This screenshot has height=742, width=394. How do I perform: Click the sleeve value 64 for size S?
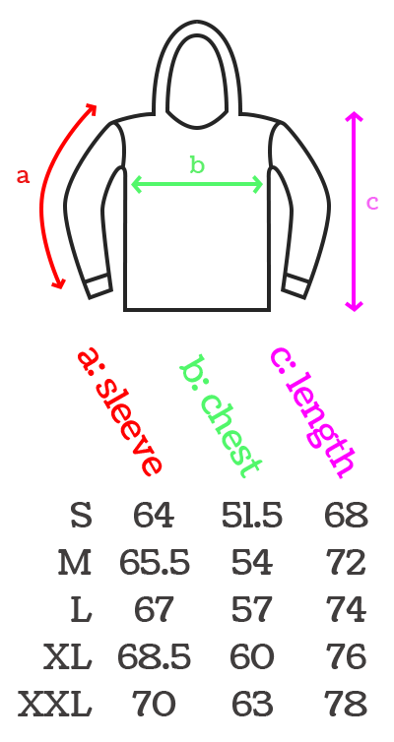tap(154, 516)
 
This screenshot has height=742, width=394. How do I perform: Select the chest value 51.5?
tap(252, 516)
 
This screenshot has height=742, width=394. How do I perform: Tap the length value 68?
tap(346, 516)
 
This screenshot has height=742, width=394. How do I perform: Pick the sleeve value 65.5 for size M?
tap(154, 563)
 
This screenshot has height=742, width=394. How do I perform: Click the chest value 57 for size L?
tap(252, 610)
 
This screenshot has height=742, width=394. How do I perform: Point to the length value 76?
tap(346, 656)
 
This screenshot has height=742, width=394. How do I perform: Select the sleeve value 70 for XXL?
tap(154, 704)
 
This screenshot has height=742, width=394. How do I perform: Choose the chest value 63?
tap(252, 704)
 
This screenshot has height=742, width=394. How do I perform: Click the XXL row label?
tap(55, 704)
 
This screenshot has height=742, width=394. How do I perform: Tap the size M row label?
tap(74, 563)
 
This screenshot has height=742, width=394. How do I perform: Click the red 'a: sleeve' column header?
tap(120, 410)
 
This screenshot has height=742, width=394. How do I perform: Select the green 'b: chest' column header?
tap(221, 415)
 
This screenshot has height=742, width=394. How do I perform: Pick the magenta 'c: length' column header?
tap(312, 412)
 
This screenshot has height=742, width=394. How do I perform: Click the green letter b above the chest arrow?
tap(197, 164)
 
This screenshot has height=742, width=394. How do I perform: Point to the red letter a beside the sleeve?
tap(24, 176)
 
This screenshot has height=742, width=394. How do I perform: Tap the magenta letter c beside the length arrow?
tap(372, 203)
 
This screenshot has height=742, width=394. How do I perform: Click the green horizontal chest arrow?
tap(197, 184)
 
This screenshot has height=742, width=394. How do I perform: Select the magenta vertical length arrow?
tap(355, 212)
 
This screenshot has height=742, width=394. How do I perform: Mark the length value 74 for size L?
tap(346, 610)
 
